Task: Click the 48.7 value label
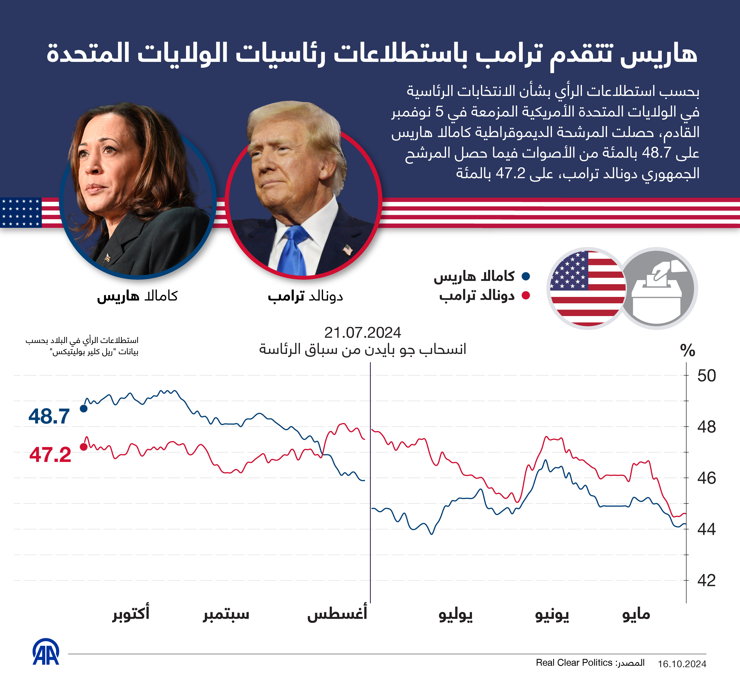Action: (49, 416)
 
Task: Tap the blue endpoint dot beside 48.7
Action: (84, 408)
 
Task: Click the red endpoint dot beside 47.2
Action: (84, 447)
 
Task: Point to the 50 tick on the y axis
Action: (706, 376)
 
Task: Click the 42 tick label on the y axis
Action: (706, 580)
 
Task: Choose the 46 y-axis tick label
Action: (706, 478)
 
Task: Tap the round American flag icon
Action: (587, 288)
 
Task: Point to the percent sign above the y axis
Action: (688, 350)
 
